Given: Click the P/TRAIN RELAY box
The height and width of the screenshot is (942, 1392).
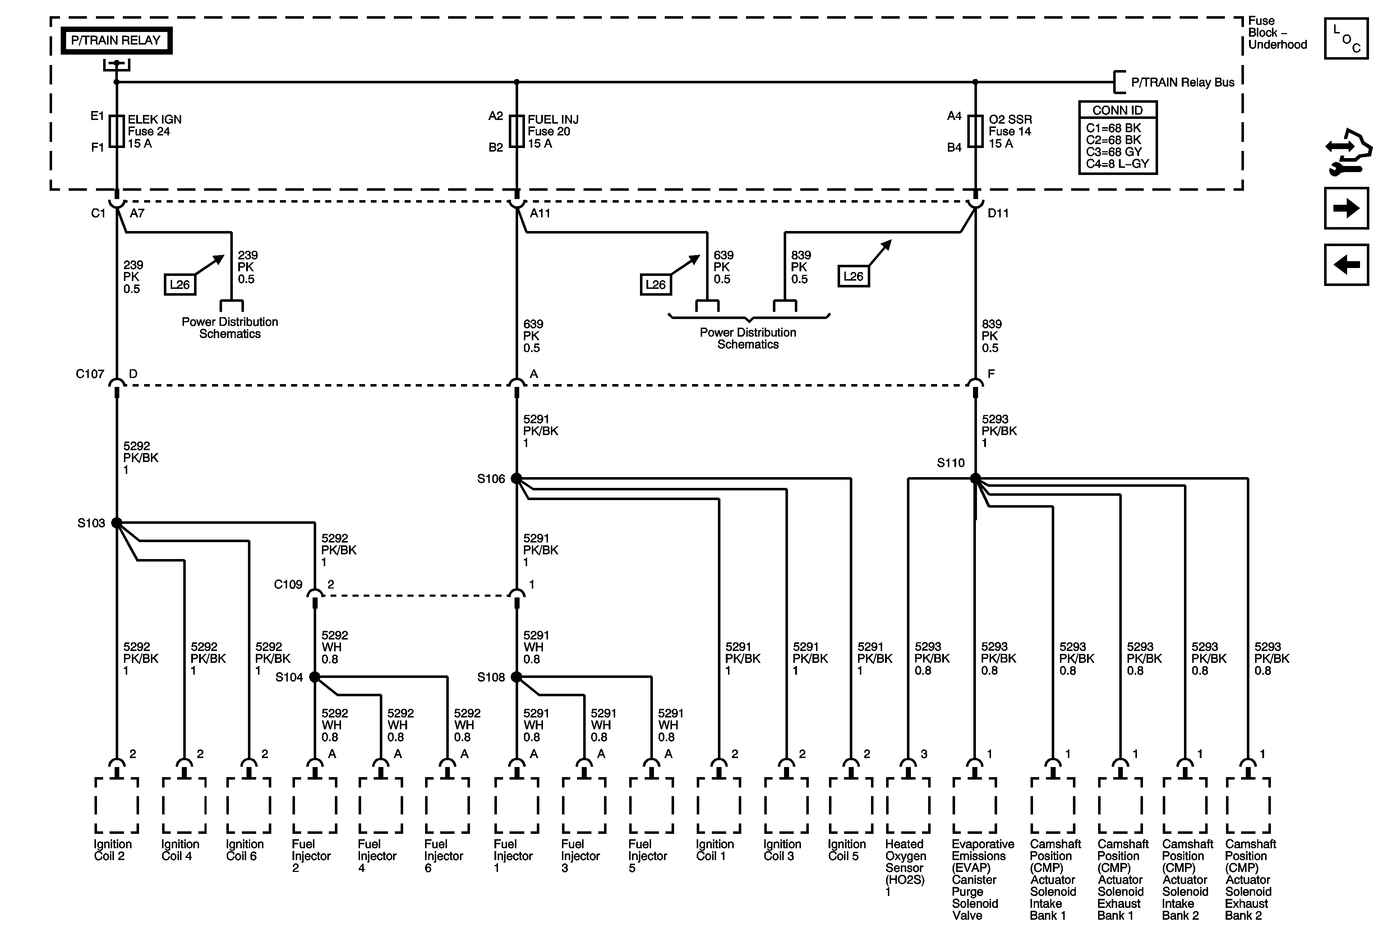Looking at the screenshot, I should click(116, 41).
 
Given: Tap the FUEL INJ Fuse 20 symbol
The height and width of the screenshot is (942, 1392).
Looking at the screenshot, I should click(516, 131).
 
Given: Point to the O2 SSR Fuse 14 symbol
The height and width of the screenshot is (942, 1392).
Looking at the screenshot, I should click(975, 131).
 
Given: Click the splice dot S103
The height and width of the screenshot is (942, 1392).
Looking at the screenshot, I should click(117, 523).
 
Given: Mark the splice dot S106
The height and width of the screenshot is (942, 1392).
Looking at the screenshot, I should click(516, 479).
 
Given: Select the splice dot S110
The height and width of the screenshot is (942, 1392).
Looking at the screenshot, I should click(975, 479).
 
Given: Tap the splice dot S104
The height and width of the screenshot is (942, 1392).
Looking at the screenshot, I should click(314, 677).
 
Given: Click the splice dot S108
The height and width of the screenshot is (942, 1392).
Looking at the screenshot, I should click(516, 677).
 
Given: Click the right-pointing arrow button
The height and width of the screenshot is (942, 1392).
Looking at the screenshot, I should click(1346, 208).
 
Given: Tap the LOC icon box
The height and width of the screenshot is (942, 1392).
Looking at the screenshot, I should click(1346, 39).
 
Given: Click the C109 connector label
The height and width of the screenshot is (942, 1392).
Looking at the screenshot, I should click(288, 585).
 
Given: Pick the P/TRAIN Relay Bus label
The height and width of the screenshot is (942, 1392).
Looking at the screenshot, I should click(1183, 83).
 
